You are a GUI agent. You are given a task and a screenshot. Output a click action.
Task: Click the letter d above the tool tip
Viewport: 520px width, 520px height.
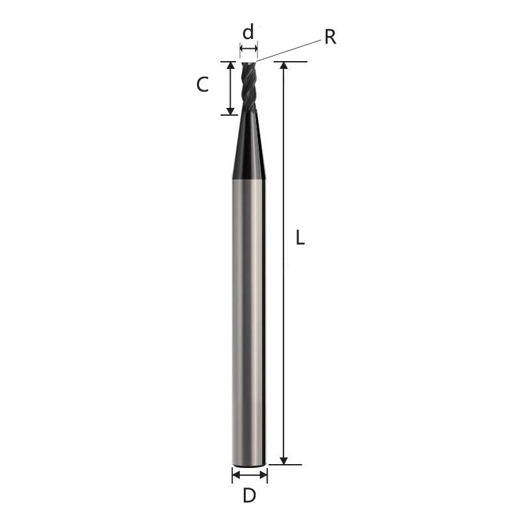pos(248,33)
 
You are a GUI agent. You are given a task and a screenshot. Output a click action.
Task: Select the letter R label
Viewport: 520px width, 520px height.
pos(330,37)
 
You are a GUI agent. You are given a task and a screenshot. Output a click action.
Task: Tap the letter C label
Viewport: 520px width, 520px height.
pos(203,84)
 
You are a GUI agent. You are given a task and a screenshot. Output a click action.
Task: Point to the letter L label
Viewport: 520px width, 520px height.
pos(300,239)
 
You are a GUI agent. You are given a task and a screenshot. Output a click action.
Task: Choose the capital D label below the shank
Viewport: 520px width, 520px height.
pos(249,496)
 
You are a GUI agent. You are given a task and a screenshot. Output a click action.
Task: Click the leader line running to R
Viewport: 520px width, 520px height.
pos(289,49)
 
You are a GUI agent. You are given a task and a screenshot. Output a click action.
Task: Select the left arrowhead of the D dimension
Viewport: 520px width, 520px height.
pos(235,475)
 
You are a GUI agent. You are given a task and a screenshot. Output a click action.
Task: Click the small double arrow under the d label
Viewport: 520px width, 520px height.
pos(248,49)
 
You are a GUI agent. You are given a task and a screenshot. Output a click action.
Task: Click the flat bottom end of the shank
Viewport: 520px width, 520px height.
pos(249,464)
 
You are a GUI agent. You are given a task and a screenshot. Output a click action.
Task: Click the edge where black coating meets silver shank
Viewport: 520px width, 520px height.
pos(249,179)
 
